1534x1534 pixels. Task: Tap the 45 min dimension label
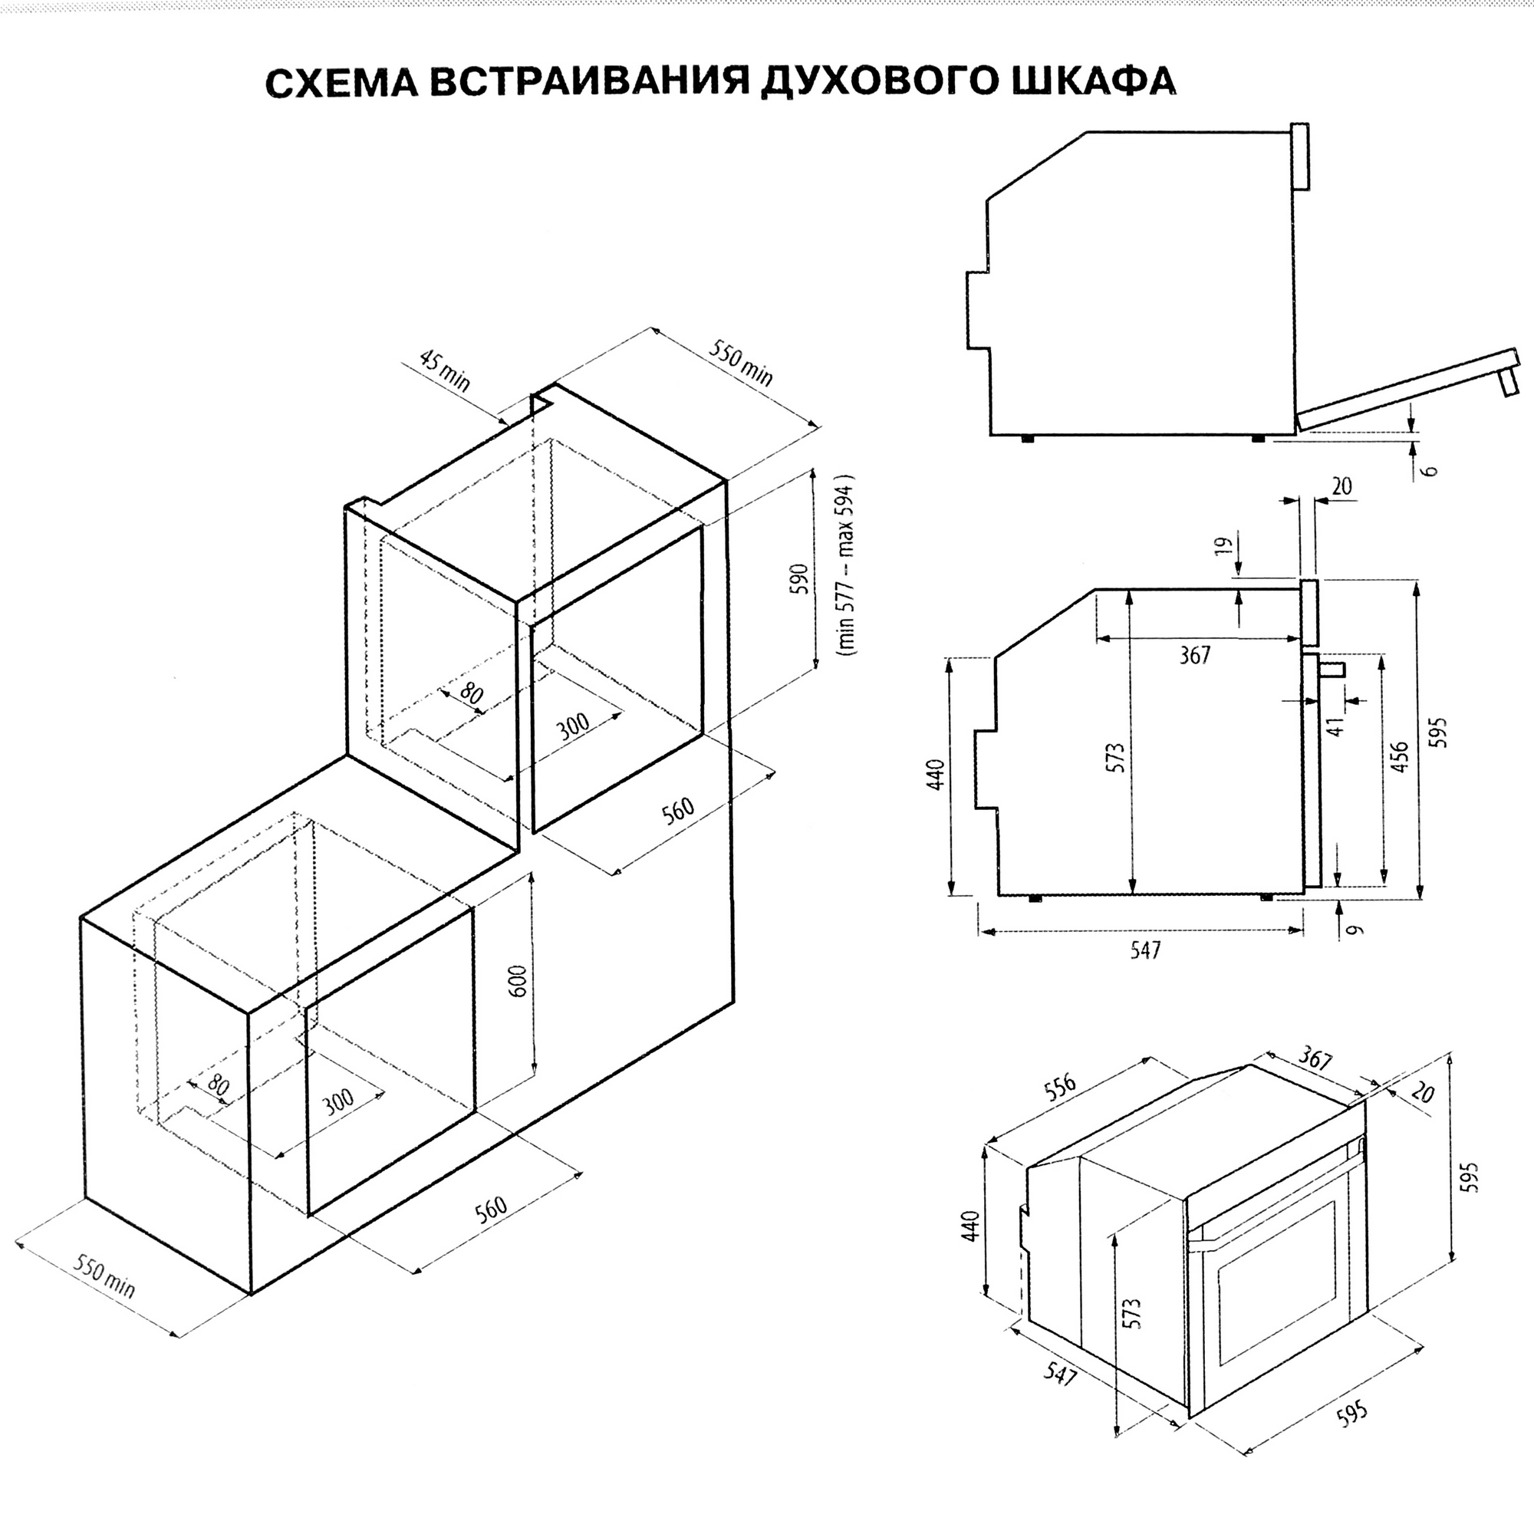coord(445,370)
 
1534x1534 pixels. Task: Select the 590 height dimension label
coord(799,579)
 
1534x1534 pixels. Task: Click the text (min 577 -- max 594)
coord(847,565)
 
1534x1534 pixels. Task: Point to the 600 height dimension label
coord(517,982)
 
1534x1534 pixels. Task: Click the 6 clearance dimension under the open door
coord(1430,469)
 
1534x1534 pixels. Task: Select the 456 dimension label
coord(1400,757)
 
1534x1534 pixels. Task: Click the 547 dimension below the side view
coord(1146,950)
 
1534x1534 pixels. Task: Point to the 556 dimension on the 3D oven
coord(1060,1088)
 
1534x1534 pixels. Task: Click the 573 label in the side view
coord(1116,758)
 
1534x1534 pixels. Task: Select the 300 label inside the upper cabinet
coord(572,725)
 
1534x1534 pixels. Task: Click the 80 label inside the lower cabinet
coord(217,1086)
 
